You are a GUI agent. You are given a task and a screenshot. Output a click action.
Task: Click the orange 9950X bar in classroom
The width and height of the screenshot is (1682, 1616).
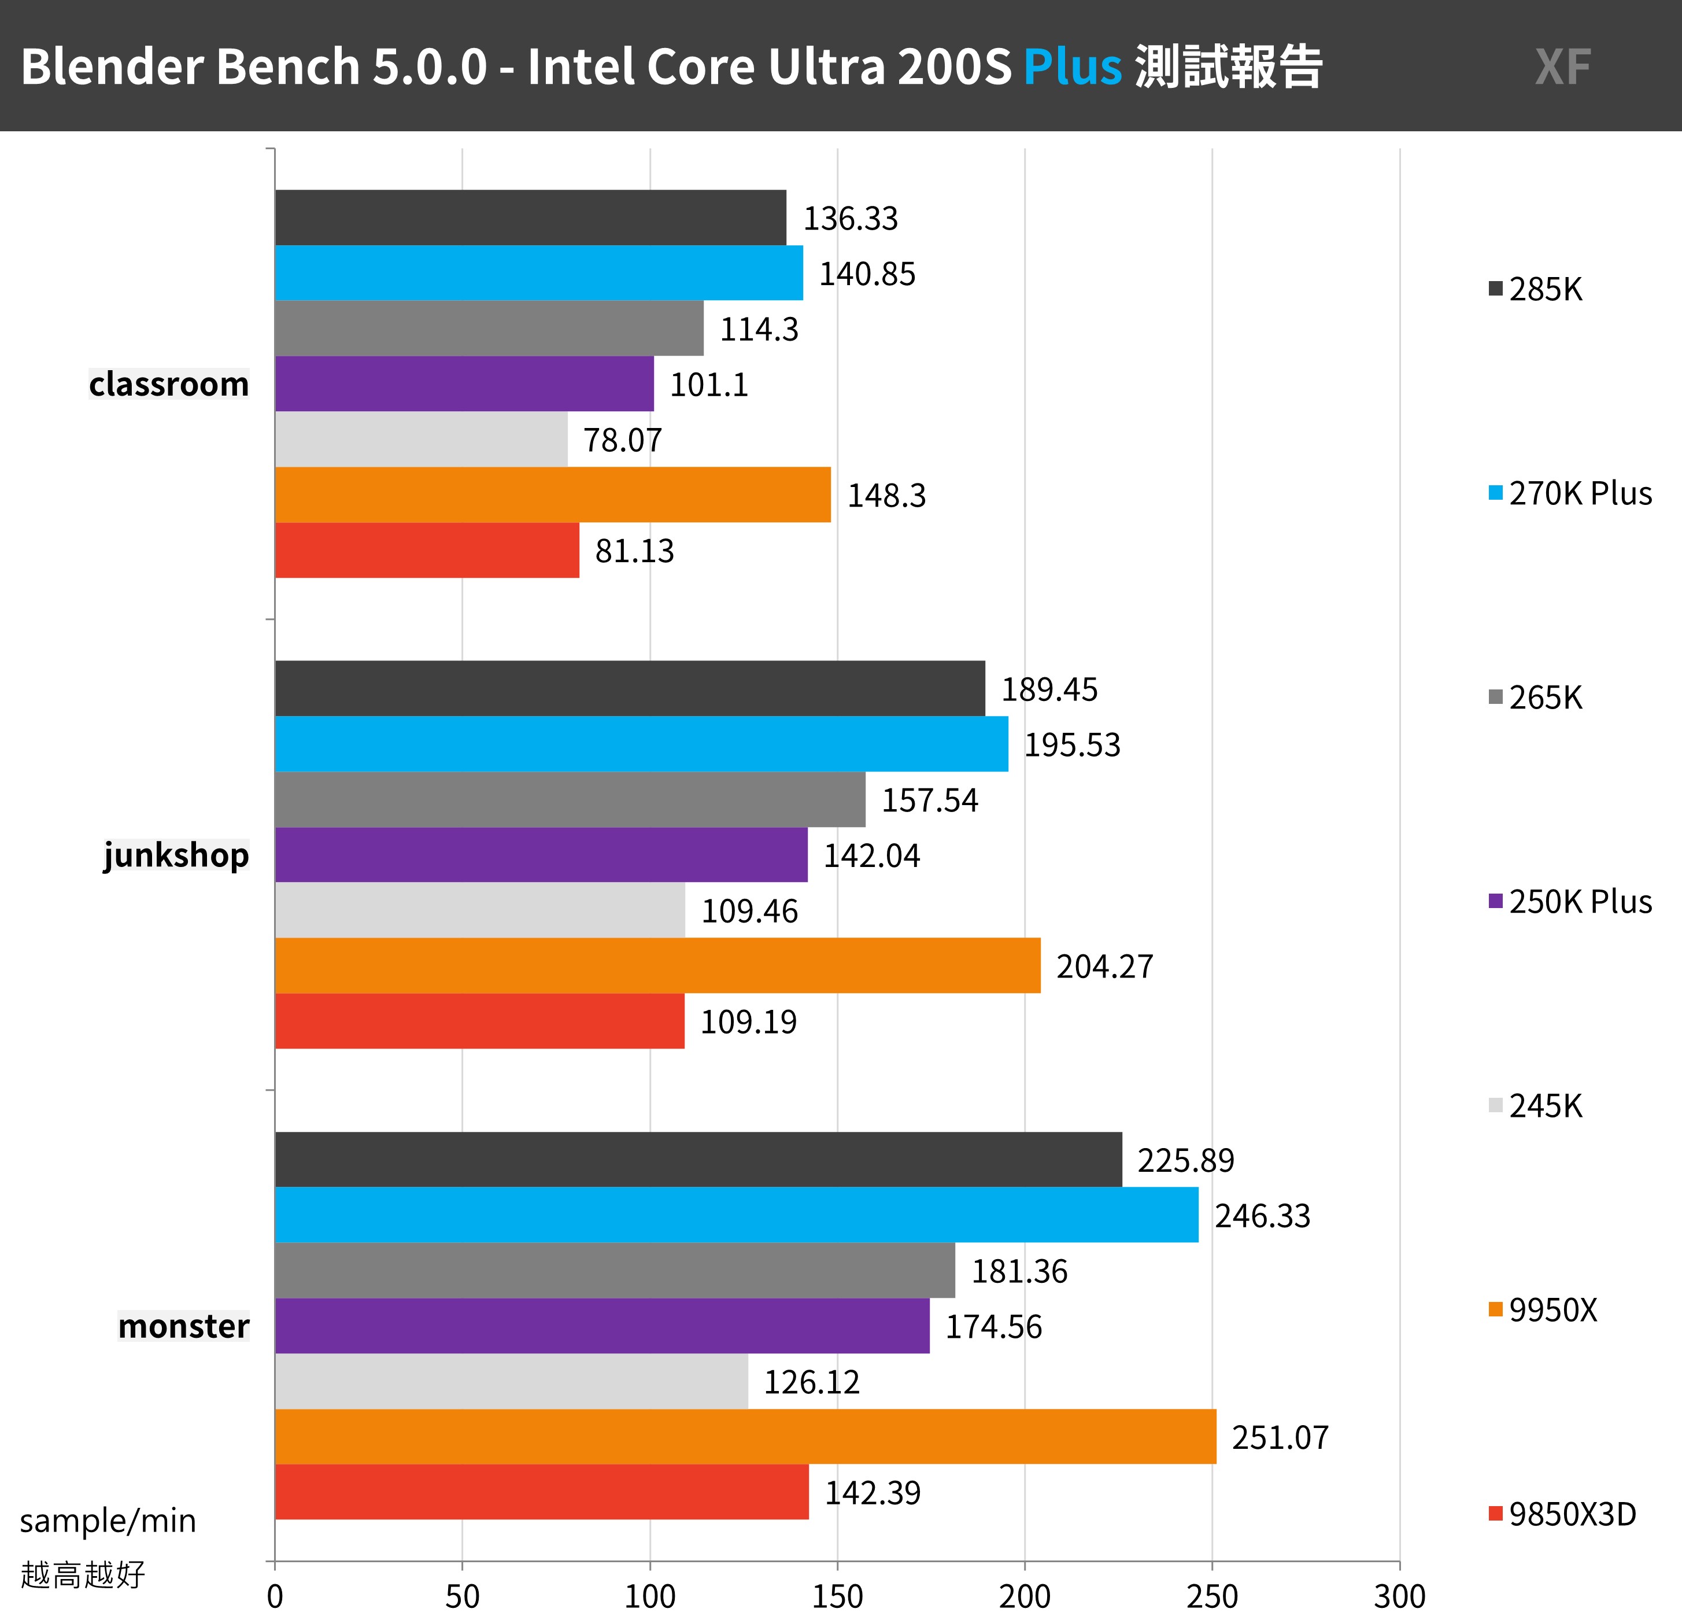coord(553,495)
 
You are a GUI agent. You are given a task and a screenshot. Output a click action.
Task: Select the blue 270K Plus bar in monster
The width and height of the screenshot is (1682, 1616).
coord(736,1215)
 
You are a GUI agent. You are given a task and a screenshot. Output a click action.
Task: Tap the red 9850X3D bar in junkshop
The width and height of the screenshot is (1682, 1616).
coord(480,1021)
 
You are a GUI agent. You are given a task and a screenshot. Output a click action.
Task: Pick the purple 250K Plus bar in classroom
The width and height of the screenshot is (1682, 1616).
coord(464,383)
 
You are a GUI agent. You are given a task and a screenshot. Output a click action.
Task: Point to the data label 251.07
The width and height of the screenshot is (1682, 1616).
coord(1280,1437)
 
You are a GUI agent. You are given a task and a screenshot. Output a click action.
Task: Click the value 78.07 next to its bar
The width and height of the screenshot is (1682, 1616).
coord(622,440)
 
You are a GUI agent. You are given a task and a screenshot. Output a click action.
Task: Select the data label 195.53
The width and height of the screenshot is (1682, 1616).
coord(1072,745)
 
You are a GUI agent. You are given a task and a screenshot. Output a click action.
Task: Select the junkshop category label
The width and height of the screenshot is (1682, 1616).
coord(176,855)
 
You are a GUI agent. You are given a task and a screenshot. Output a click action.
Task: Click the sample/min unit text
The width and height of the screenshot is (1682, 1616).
coord(108,1521)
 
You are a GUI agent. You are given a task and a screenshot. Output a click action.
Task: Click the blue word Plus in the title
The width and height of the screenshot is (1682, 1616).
coord(1072,67)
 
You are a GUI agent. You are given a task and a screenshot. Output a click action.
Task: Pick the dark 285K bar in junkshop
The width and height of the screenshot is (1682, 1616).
coord(630,688)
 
